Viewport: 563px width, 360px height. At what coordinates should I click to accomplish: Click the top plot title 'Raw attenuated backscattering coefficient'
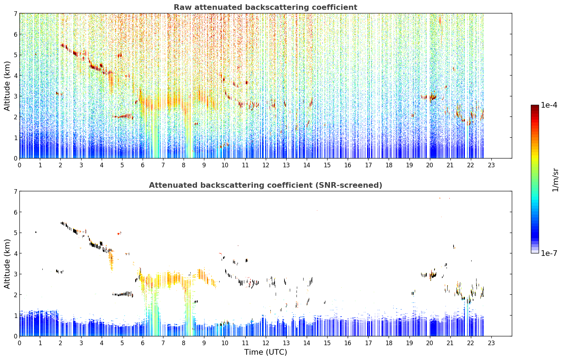point(265,7)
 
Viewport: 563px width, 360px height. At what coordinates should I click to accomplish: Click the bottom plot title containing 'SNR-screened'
point(265,185)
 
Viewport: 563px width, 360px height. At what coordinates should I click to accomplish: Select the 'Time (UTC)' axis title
point(265,352)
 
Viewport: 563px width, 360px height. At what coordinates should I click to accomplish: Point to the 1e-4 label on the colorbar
point(549,105)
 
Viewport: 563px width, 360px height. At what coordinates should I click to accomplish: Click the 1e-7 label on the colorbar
point(549,253)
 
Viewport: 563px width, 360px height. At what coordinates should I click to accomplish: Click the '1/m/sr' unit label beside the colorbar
point(555,180)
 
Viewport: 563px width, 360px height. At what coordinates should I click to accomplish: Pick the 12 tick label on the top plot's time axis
point(266,165)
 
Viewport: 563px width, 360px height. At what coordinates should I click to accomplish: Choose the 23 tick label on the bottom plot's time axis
point(491,343)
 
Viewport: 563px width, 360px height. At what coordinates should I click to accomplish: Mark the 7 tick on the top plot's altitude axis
point(16,13)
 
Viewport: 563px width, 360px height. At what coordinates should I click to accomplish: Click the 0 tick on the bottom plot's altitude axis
point(16,336)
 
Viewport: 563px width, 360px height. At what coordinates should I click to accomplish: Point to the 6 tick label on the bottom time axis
point(143,343)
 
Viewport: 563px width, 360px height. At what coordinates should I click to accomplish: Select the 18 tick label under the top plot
point(389,165)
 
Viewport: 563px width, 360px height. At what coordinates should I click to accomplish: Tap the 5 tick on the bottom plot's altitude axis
point(16,233)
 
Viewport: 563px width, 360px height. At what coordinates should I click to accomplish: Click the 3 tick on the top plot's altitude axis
point(16,96)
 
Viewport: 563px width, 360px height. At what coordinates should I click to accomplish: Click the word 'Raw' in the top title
point(183,7)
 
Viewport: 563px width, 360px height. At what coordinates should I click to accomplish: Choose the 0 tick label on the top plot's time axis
point(20,165)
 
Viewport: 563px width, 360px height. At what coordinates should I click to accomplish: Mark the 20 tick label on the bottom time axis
point(430,343)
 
